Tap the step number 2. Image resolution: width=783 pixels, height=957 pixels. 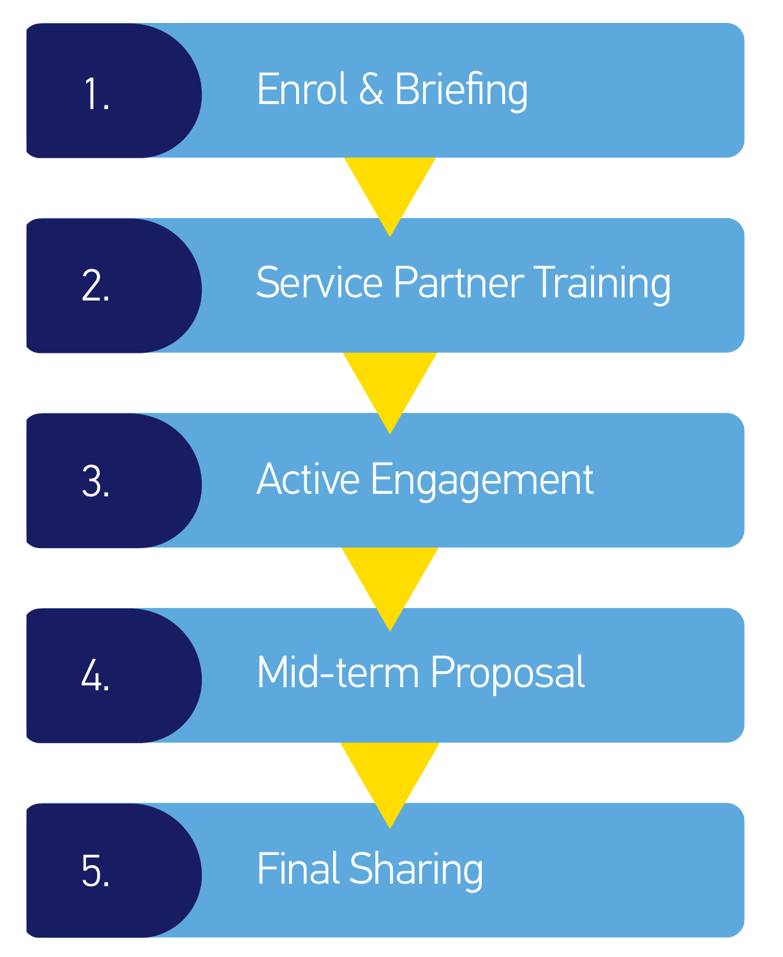[96, 286]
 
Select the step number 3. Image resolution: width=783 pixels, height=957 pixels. [96, 482]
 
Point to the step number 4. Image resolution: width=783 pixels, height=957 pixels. [96, 676]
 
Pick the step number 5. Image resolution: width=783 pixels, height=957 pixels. [96, 871]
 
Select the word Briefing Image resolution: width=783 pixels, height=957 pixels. [461, 90]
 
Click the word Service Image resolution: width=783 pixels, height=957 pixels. [318, 283]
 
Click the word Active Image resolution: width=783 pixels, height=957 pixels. [308, 479]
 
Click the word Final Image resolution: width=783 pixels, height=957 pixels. [297, 868]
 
